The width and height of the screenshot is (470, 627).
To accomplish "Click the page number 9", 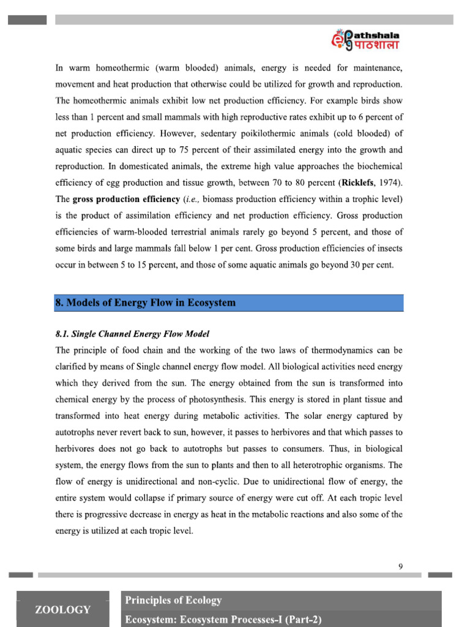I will (x=400, y=566).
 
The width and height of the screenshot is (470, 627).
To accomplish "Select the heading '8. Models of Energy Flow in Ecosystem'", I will (x=146, y=303).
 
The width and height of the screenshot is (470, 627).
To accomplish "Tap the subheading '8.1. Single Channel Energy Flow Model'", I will (x=132, y=334).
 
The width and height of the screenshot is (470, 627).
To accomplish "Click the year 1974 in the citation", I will (x=388, y=182).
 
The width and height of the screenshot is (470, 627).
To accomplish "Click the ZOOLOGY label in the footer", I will (x=62, y=609).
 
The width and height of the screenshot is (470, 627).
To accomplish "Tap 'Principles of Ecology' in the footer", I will (x=173, y=600).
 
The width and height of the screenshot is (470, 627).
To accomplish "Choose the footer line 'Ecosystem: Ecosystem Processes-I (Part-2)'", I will (x=223, y=619).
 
